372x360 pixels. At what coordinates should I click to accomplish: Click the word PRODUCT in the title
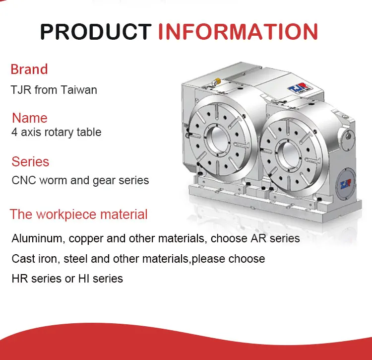pos(96,31)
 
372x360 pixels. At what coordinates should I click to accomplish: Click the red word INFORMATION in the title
pos(238,31)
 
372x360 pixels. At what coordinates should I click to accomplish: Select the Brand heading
pos(29,69)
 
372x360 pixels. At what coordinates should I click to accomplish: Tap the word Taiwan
pos(79,90)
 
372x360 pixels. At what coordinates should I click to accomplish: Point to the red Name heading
pos(30,118)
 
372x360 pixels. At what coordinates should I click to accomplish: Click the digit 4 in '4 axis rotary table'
pos(14,132)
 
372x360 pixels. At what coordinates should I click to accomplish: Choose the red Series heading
pos(30,162)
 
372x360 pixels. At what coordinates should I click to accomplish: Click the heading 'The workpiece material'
pos(78,214)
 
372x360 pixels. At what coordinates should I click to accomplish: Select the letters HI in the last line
pos(84,279)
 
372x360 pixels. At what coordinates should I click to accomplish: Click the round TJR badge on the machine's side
pos(346,184)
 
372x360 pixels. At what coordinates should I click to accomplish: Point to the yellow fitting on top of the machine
pos(216,81)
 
